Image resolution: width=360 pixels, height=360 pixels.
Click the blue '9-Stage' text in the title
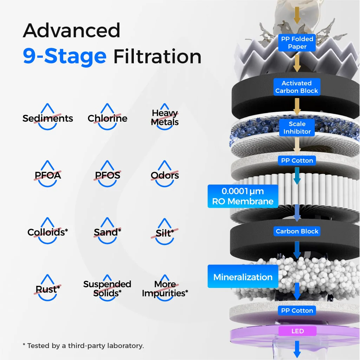click(65, 56)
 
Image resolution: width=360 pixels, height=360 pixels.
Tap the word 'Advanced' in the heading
click(72, 31)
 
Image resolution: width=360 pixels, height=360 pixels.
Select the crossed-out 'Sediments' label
click(48, 118)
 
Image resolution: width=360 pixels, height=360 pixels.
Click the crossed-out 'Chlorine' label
click(107, 118)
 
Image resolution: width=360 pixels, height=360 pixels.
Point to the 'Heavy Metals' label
click(165, 118)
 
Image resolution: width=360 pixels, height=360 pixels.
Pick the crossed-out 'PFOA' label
click(47, 175)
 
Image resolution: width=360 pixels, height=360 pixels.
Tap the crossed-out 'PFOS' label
click(107, 175)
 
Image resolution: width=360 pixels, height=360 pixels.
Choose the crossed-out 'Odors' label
click(165, 175)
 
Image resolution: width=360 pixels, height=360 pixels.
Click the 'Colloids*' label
click(48, 232)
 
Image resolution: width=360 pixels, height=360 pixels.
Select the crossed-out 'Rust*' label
click(48, 289)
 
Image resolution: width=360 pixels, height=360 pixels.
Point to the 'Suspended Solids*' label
click(107, 289)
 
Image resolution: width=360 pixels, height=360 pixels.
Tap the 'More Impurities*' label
click(165, 289)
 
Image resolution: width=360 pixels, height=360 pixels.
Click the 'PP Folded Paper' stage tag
click(297, 43)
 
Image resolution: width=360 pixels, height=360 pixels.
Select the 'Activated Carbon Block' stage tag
click(297, 87)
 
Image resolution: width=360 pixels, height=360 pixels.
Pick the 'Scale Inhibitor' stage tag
click(297, 128)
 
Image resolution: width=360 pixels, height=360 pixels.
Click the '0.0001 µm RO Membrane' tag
click(243, 196)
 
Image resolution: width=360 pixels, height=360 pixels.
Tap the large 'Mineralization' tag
click(243, 277)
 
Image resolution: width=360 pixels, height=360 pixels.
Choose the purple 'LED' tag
click(297, 331)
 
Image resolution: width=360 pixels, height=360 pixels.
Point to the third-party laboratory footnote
click(83, 346)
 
